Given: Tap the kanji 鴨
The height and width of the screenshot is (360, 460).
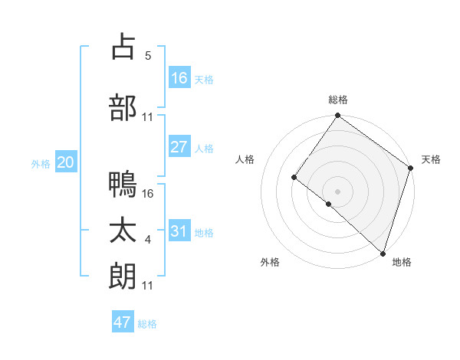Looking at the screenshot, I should coord(123,184).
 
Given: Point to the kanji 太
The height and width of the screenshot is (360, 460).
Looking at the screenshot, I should coord(123,231).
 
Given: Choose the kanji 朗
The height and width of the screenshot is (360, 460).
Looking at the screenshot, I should coord(123,276).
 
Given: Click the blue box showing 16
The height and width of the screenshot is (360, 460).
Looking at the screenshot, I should coord(179,78).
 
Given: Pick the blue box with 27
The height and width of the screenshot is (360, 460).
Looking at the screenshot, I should coord(179,147).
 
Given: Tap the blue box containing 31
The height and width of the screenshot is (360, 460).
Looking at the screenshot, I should coord(179,231).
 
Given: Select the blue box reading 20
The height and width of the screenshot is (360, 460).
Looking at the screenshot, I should coord(66,162).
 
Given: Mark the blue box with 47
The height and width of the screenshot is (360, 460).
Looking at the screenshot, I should coord(123,322).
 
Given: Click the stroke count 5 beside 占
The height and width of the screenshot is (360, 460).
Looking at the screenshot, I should coord(149,56).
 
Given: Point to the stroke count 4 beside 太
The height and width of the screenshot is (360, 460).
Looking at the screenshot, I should coord(148,241).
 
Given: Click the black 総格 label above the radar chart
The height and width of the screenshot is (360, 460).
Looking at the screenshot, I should coord(338,100).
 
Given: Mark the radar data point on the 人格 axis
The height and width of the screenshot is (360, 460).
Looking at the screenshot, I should coord(294,177).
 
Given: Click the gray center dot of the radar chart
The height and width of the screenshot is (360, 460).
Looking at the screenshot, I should coord(337,191).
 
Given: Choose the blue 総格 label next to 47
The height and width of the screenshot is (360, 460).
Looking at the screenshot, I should coord(147,324).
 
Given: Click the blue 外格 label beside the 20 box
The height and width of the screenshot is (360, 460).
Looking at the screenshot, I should coord(40,163).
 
